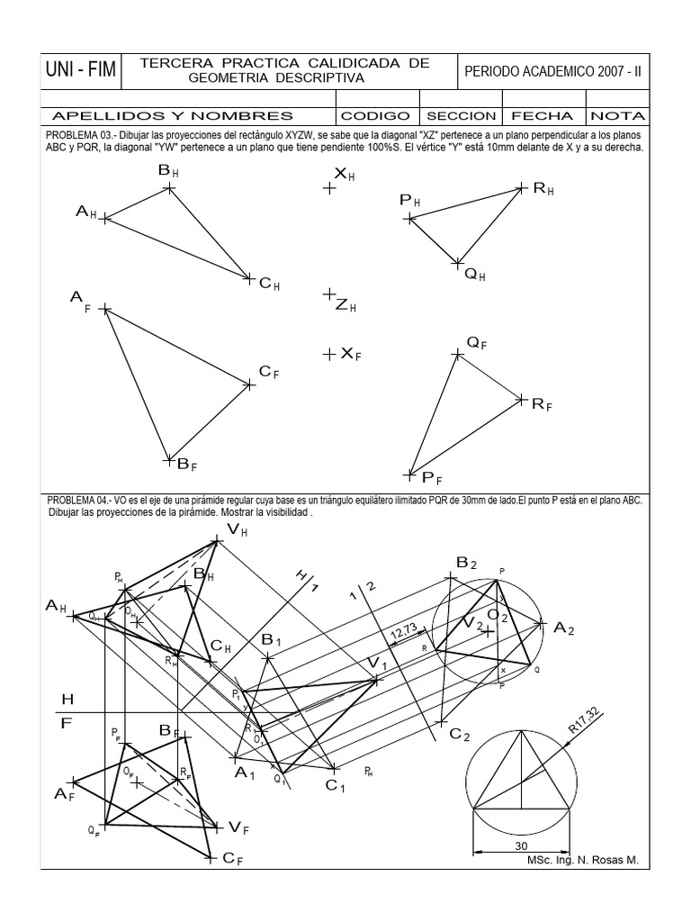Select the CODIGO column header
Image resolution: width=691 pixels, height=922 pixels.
coord(376,116)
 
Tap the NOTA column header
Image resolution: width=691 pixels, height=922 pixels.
coord(616,116)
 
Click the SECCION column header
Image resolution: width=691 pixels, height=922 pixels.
coord(461,116)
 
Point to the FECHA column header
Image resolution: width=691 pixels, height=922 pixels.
coord(543,116)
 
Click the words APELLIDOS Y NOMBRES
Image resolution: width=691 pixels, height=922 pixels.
coord(173,116)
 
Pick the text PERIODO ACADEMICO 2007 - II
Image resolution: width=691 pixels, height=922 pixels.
coord(552,71)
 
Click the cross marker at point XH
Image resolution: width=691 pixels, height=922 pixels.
coord(329,188)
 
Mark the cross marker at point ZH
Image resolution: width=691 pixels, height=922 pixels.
coord(329,294)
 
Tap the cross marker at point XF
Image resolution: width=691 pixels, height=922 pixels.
coord(329,355)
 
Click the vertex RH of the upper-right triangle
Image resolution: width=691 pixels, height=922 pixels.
coord(521,187)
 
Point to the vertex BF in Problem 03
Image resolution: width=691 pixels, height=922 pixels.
coord(168,460)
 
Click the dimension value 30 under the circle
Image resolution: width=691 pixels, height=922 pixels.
coord(520,845)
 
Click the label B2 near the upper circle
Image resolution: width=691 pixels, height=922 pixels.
coord(465,564)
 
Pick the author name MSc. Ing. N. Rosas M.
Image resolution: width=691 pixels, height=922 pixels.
coord(582,860)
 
